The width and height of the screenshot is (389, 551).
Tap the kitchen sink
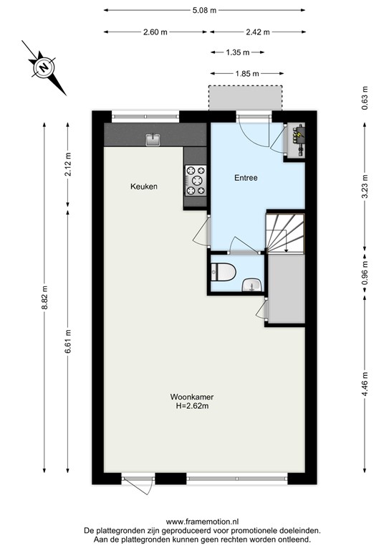[153, 139]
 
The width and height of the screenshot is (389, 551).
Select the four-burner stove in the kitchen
[196, 180]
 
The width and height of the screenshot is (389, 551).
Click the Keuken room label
[143, 187]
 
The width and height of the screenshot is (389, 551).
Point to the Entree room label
[246, 177]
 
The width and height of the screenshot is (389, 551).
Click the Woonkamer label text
[193, 397]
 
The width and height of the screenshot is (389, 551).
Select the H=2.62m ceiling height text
[193, 406]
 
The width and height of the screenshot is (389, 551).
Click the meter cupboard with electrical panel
[295, 138]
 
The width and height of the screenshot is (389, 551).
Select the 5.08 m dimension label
[206, 11]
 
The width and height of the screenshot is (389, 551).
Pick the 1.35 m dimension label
[237, 52]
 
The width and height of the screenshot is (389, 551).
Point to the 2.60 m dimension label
[155, 32]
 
